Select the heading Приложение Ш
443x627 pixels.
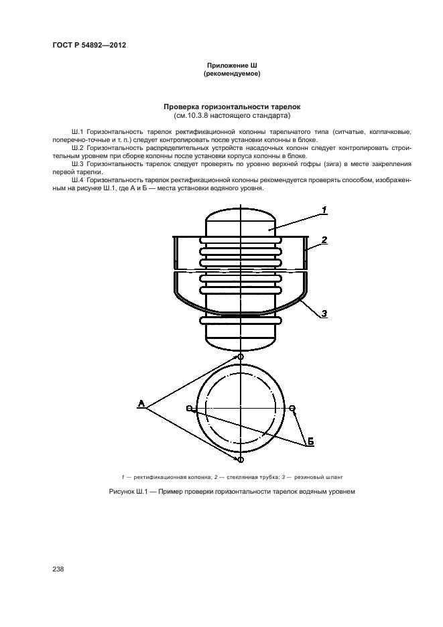point(231,66)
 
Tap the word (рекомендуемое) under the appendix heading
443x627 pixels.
point(231,74)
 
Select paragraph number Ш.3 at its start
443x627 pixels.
point(77,163)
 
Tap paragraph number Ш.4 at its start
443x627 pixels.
point(77,180)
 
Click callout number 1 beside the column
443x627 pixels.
point(324,210)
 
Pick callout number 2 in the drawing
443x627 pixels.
point(324,239)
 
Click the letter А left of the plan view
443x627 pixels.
point(141,403)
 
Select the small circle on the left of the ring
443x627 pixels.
point(190,408)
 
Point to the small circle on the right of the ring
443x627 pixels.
point(292,408)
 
